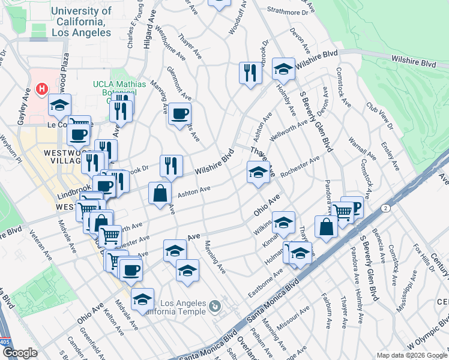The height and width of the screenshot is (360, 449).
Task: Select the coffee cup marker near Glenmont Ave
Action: click(x=179, y=113)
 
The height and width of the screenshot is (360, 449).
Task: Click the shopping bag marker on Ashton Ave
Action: click(x=160, y=194)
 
